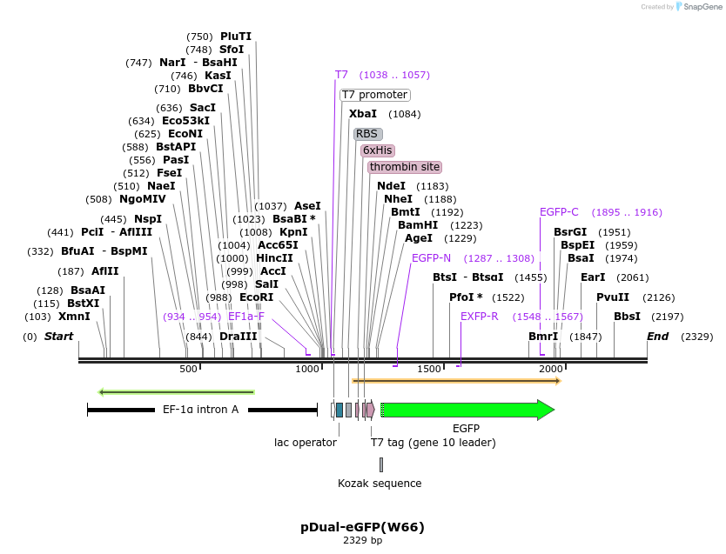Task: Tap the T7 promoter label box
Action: (x=374, y=95)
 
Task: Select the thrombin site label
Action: (x=404, y=167)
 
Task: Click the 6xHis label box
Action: (x=378, y=150)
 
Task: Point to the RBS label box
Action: (x=367, y=134)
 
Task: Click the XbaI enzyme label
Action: (x=363, y=114)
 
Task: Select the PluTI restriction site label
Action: (x=236, y=37)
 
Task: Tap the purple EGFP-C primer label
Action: (x=559, y=212)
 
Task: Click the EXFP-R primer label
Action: (x=480, y=317)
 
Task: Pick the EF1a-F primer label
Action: (x=246, y=317)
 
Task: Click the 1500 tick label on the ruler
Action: (x=430, y=370)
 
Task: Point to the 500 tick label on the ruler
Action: (x=188, y=370)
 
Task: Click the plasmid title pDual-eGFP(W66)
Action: (x=362, y=527)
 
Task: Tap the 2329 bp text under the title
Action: (x=362, y=541)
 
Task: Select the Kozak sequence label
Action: (x=380, y=484)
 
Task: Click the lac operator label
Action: (x=306, y=443)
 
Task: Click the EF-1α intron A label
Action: (x=200, y=410)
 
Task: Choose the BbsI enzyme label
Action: (x=627, y=317)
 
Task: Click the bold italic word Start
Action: (x=59, y=337)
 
